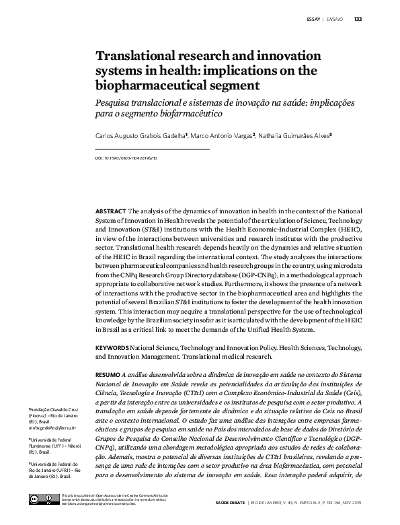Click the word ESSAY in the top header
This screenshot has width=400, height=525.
(313, 18)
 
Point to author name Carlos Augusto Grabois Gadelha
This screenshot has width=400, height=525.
(141, 135)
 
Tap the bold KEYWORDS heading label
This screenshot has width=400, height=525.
(112, 347)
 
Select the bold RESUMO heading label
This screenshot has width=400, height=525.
(108, 372)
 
